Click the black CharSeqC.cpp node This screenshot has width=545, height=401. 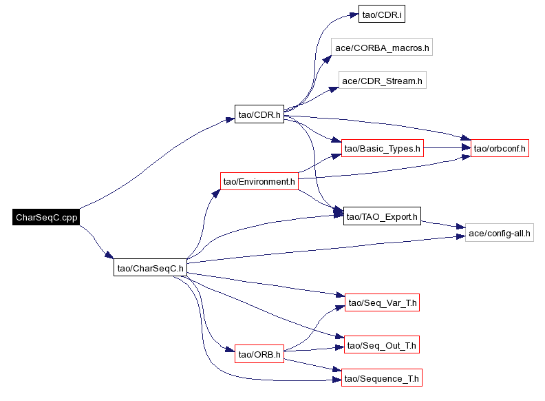tap(46, 217)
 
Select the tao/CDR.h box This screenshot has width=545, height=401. tap(259, 114)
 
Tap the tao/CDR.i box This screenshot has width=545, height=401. tap(382, 14)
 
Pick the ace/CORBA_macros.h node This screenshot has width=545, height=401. tap(382, 48)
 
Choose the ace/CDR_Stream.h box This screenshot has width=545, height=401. tap(383, 81)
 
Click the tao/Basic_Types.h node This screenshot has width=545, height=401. tap(383, 148)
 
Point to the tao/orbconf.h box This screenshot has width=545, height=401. tap(500, 148)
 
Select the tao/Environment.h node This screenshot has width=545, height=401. tap(259, 181)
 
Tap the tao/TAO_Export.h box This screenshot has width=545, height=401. tap(382, 216)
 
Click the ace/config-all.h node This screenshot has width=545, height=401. tap(499, 233)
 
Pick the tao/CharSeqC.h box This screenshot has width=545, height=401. tap(150, 267)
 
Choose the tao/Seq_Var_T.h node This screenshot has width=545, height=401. tap(382, 302)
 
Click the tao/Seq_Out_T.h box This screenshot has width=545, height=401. tap(382, 345)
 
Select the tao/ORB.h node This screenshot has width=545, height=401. tap(259, 353)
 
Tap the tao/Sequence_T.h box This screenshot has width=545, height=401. tap(382, 378)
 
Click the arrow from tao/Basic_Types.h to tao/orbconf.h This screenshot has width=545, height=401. tap(447, 148)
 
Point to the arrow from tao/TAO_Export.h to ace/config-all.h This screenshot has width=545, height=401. tap(443, 225)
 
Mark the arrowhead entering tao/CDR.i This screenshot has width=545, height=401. tap(354, 15)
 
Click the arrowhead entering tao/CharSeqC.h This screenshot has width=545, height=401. tap(109, 255)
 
